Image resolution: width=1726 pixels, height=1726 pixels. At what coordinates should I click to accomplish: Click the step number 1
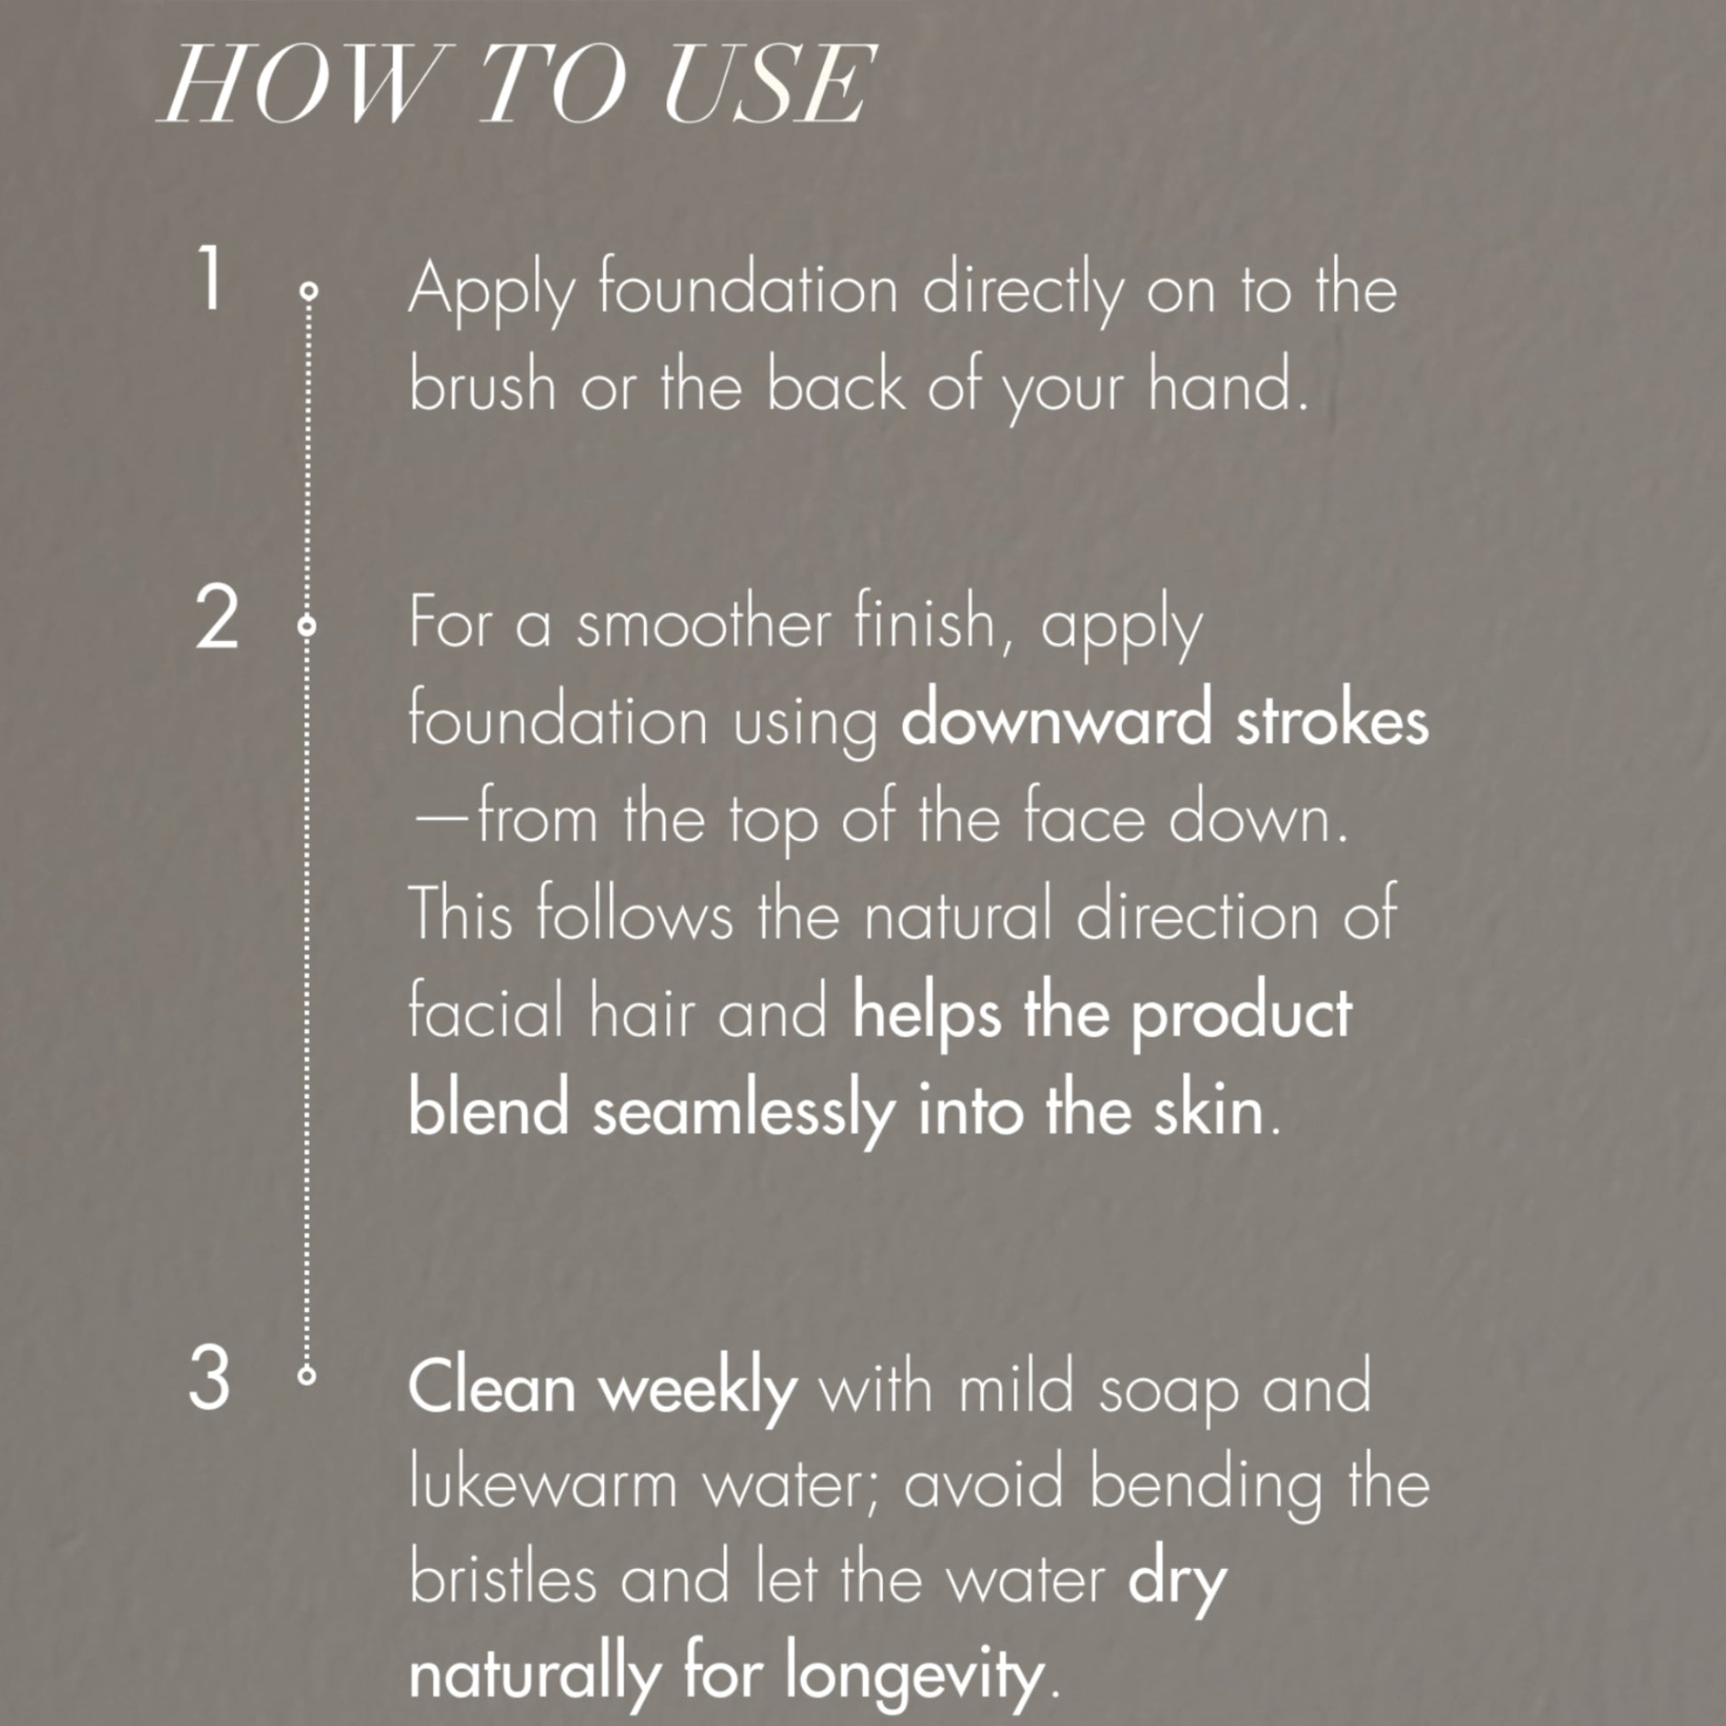[x=209, y=279]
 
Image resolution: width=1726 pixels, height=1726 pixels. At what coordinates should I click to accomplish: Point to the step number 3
[x=210, y=1378]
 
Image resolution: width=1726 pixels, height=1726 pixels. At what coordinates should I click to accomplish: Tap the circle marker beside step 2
[x=306, y=626]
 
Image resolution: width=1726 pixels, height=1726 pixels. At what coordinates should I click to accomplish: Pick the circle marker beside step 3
[x=306, y=1376]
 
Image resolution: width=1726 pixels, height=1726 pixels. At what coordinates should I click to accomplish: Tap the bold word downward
[x=1056, y=720]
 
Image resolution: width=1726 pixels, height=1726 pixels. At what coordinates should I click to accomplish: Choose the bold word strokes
[x=1332, y=720]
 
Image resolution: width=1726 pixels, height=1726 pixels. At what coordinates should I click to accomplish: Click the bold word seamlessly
[x=743, y=1114]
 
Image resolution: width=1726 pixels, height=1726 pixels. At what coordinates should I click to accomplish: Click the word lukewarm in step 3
[x=543, y=1485]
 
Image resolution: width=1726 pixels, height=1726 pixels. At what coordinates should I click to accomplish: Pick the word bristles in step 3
[x=503, y=1581]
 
